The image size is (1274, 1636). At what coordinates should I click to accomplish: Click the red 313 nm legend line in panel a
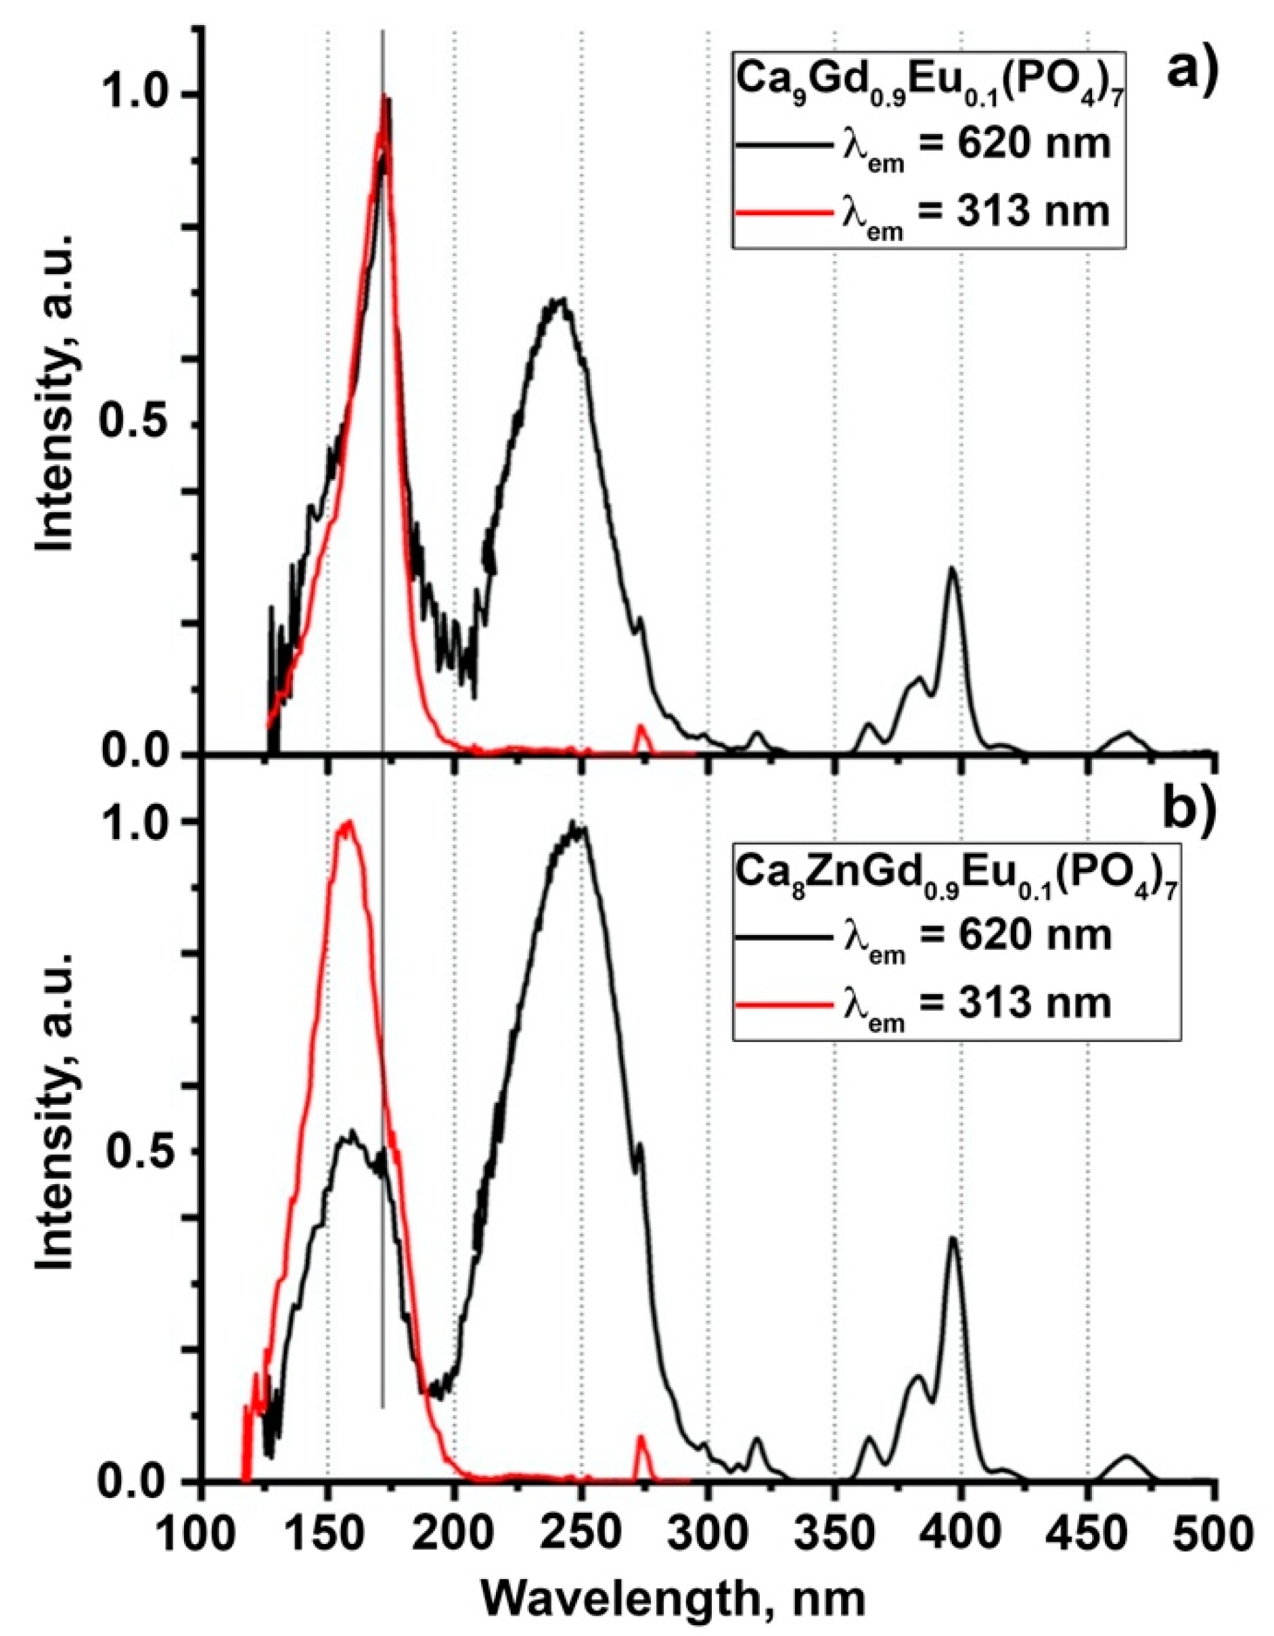pyautogui.click(x=782, y=214)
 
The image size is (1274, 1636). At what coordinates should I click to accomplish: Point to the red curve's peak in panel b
pyautogui.click(x=348, y=823)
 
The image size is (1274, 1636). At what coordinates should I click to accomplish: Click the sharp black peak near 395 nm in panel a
pyautogui.click(x=952, y=568)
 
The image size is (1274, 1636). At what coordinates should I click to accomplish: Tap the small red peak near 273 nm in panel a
pyautogui.click(x=640, y=727)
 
